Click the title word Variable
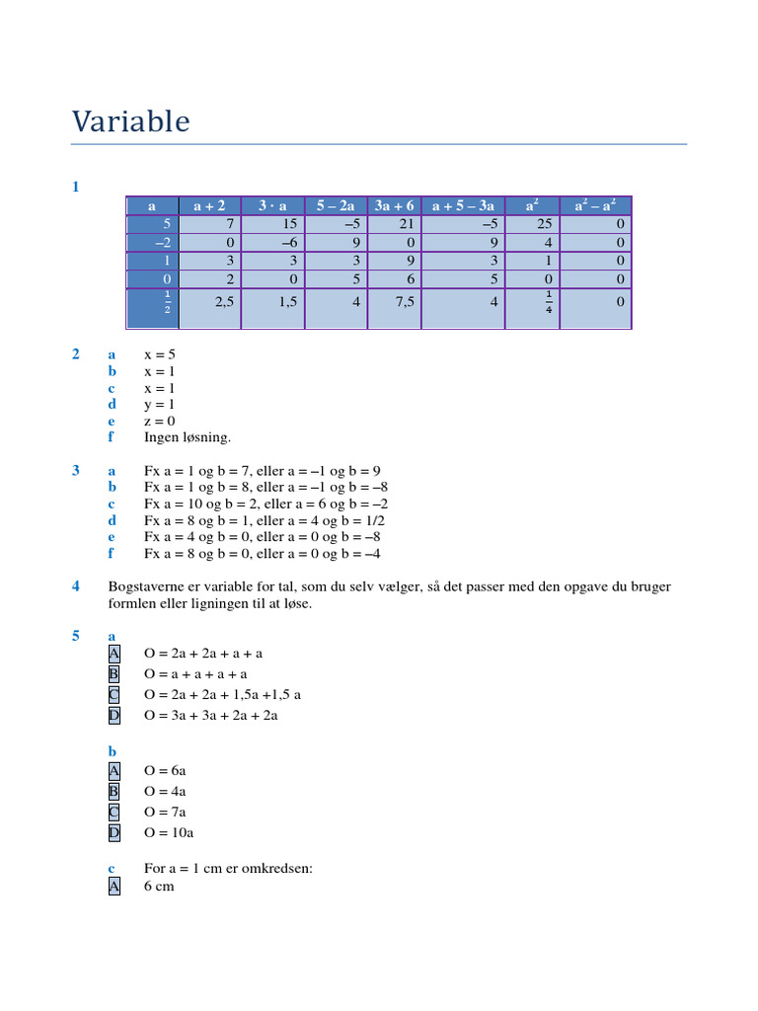click(x=130, y=121)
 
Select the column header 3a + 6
click(x=394, y=205)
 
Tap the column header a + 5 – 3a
click(x=463, y=205)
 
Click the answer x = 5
click(x=160, y=353)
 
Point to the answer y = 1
click(x=160, y=404)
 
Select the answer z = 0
click(x=160, y=421)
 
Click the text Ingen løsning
click(x=188, y=437)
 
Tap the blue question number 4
click(x=75, y=586)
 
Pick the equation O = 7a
click(x=165, y=812)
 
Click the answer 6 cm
click(x=159, y=887)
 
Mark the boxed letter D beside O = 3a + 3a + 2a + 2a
click(x=114, y=715)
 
